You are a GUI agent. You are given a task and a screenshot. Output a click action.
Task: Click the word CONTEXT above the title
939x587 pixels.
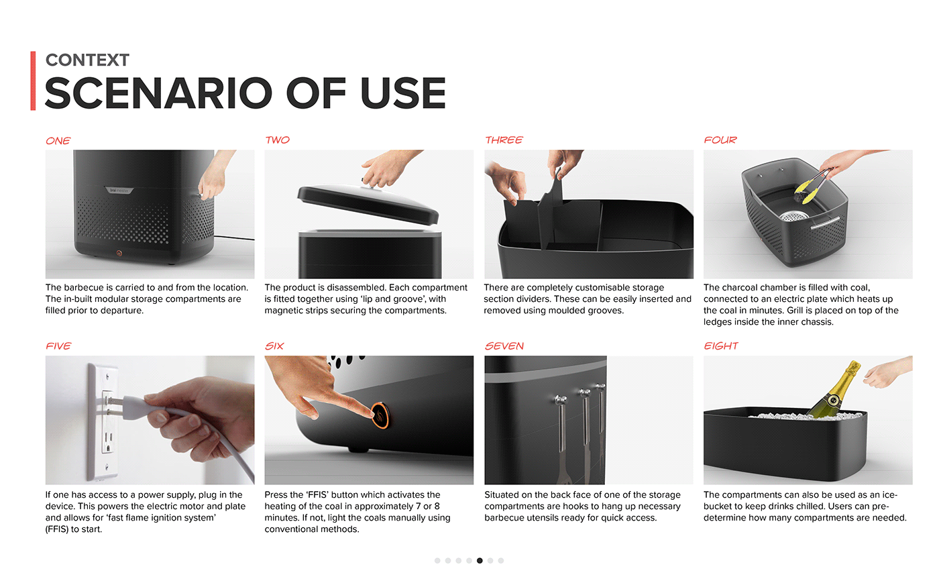(87, 60)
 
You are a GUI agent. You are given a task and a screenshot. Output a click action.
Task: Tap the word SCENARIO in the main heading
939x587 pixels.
(158, 93)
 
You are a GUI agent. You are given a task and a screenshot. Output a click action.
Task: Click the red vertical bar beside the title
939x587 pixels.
(33, 81)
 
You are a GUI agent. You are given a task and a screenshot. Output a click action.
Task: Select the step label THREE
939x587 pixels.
(504, 140)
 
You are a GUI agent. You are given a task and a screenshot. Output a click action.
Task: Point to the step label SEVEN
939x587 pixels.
(504, 346)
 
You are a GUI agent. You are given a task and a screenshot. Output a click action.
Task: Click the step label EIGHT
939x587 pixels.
(720, 346)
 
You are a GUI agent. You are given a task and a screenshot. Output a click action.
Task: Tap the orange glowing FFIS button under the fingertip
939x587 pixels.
(381, 415)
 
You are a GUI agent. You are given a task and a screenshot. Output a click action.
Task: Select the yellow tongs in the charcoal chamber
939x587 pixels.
(813, 186)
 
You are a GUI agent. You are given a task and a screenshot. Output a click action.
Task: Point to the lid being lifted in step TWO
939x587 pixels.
(368, 204)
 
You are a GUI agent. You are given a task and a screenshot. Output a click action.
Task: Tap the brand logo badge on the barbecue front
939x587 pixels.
(119, 191)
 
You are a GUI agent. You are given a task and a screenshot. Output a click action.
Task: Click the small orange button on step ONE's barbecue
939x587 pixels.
(119, 253)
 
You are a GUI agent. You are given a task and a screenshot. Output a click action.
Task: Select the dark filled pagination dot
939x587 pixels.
(480, 561)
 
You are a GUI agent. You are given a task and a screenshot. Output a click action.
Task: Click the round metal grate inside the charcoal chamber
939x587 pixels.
(793, 216)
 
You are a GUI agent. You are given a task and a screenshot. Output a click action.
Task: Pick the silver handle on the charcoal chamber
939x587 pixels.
(825, 223)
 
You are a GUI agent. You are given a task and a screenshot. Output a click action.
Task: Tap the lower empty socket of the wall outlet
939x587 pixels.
(108, 441)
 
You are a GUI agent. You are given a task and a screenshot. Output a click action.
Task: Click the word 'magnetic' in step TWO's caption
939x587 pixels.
(284, 310)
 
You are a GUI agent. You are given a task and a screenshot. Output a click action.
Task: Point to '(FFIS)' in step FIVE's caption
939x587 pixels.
(57, 529)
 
